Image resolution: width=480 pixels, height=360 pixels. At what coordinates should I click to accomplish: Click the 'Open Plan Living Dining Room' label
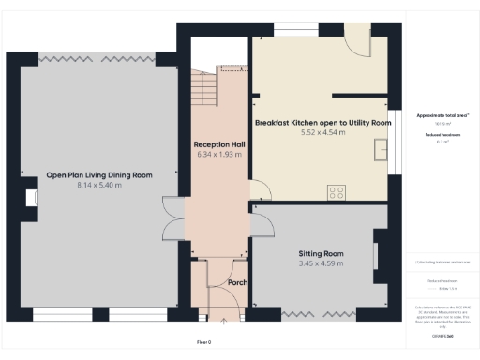click(99, 174)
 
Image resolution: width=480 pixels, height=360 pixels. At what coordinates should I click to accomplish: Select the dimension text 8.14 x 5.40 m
click(99, 185)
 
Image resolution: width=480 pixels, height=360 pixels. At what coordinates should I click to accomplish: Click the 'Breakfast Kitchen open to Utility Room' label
click(322, 123)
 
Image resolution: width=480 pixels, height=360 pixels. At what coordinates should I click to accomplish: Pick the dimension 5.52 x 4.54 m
click(322, 133)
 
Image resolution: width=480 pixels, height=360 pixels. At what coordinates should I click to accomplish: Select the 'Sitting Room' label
click(322, 254)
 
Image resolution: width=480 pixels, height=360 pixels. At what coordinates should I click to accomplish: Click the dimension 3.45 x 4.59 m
click(322, 264)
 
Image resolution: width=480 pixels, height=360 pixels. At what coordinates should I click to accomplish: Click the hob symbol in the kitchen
click(336, 192)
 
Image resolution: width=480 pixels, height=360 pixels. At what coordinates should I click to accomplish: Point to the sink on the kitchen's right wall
click(382, 151)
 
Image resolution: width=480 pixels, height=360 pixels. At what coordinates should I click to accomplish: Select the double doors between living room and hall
click(171, 221)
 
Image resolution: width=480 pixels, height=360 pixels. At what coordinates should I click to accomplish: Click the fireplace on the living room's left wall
click(31, 198)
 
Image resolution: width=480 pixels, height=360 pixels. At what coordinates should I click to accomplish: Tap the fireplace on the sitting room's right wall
click(377, 256)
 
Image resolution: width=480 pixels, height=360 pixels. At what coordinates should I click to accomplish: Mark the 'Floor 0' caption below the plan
click(203, 342)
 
